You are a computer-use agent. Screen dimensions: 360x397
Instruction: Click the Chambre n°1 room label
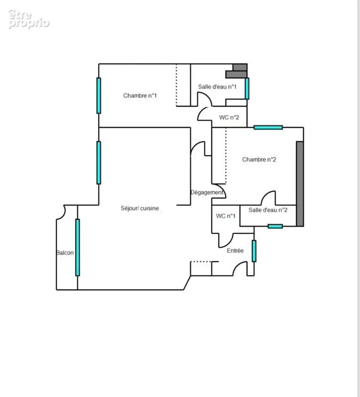pyautogui.click(x=140, y=95)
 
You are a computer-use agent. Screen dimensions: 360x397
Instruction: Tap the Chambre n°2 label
pyautogui.click(x=259, y=159)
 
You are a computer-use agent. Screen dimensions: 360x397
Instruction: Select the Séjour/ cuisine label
pyautogui.click(x=140, y=208)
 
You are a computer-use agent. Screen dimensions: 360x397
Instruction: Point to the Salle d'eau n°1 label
pyautogui.click(x=217, y=86)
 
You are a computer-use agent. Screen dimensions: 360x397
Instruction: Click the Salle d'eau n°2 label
pyautogui.click(x=268, y=210)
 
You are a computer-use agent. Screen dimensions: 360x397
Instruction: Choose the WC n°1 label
pyautogui.click(x=226, y=216)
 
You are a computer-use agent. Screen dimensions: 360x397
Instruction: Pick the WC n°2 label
pyautogui.click(x=229, y=118)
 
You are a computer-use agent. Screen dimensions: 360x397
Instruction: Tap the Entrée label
pyautogui.click(x=235, y=251)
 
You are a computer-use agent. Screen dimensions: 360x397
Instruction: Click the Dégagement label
pyautogui.click(x=207, y=193)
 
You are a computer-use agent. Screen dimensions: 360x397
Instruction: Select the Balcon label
pyautogui.click(x=65, y=253)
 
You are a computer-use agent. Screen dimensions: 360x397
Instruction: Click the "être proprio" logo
pyautogui.click(x=28, y=19)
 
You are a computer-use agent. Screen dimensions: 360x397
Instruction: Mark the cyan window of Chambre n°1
pyautogui.click(x=99, y=95)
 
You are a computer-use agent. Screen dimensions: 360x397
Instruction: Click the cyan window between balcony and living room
pyautogui.click(x=77, y=247)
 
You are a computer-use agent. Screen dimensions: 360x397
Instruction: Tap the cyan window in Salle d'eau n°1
pyautogui.click(x=247, y=88)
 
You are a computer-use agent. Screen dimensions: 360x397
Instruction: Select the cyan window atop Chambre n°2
pyautogui.click(x=268, y=128)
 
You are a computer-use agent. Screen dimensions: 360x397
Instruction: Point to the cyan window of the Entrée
pyautogui.click(x=254, y=251)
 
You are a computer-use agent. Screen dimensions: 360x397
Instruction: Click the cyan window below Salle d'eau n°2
pyautogui.click(x=275, y=226)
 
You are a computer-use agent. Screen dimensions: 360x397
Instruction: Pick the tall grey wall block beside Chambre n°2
pyautogui.click(x=300, y=184)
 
